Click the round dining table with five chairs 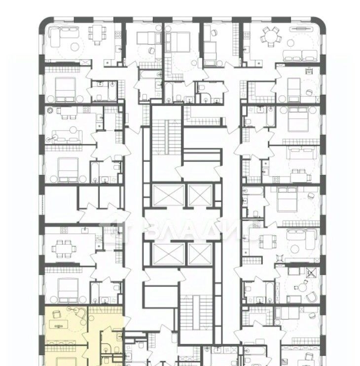coord(271,37)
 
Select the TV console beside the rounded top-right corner coord(300,29)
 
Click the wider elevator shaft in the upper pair coord(169,196)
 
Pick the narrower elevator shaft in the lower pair coord(200,254)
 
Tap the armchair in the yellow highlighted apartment coord(57,314)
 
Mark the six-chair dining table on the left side coord(64,249)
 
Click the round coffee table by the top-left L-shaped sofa coord(75,47)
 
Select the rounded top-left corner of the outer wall coord(43,21)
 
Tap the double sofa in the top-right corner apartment coord(300,56)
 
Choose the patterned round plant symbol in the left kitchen coord(50,110)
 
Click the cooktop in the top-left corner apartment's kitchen coord(118,35)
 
